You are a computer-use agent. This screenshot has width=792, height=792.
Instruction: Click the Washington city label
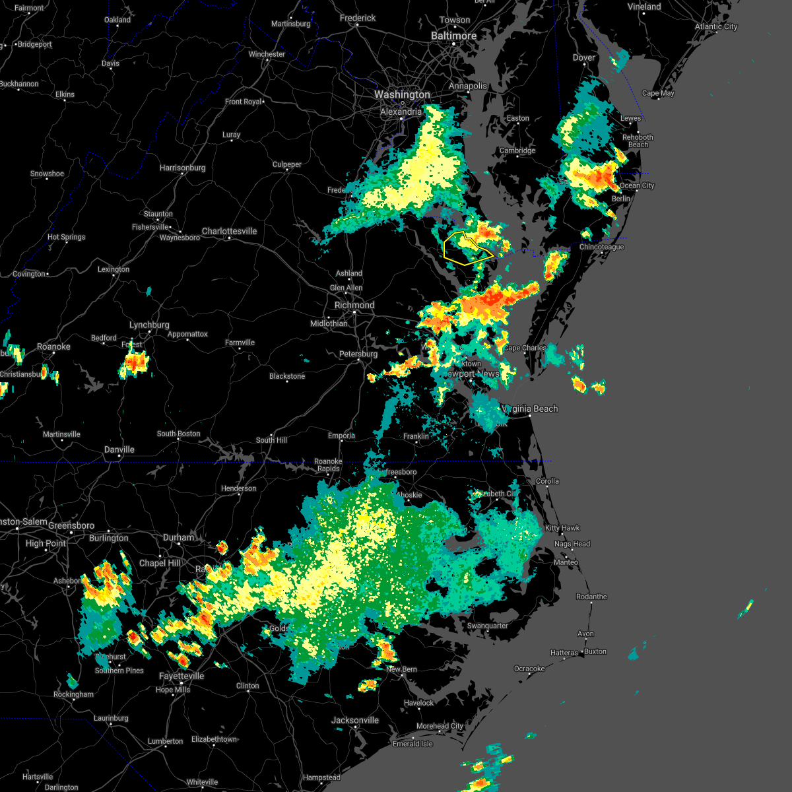coord(402,95)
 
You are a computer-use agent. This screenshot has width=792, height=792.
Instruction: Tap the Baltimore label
coord(453,36)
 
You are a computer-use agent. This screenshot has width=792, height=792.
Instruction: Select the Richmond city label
coord(354,306)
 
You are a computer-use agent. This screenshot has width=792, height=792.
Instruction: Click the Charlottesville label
coord(229,232)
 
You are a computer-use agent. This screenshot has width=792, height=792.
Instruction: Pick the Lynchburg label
coord(149,325)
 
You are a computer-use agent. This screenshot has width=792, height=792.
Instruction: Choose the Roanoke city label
coord(53,347)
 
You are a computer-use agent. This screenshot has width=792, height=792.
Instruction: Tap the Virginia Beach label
coord(532,409)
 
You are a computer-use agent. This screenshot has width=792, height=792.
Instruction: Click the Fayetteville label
coord(181,676)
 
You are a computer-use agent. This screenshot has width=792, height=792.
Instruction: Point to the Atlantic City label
coord(716,27)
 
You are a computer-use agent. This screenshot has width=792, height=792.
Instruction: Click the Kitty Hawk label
coord(562,528)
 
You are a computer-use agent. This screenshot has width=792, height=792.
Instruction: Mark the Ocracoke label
coord(529,669)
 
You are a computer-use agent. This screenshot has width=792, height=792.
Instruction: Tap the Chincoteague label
coord(601,247)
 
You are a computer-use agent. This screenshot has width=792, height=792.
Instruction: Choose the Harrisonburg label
coord(182,168)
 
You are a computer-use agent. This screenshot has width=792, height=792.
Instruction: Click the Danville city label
coord(119,450)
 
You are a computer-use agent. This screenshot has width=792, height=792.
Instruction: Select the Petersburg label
coord(358,354)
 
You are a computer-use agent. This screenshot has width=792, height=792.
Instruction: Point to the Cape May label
coord(658,94)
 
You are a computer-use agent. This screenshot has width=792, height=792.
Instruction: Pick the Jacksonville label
coord(355,721)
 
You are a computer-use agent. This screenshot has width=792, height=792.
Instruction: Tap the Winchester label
coord(267,55)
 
